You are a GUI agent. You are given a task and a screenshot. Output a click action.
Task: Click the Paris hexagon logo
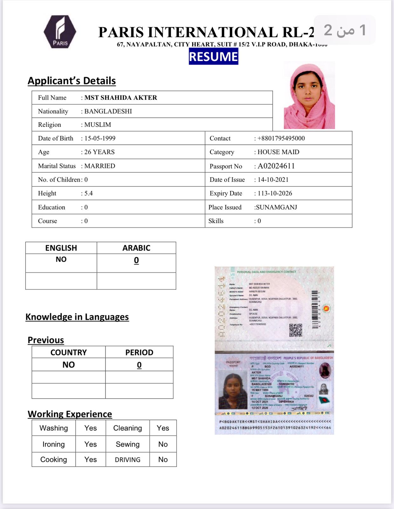pos(60,32)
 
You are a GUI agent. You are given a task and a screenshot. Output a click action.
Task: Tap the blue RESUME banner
pos(213,57)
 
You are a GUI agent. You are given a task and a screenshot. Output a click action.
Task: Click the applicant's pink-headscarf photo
pos(309,95)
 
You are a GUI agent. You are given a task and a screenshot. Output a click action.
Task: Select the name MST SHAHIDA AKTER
pos(121,98)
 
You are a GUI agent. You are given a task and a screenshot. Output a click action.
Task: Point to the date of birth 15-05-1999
pos(100,138)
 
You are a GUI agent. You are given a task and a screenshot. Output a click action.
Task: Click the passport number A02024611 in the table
pos(276,166)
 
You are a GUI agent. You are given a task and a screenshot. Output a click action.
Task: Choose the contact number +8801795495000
pos(281,138)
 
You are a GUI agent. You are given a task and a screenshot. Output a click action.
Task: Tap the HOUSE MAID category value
pos(278,152)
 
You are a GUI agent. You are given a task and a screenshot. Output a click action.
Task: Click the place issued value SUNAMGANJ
pos(276,207)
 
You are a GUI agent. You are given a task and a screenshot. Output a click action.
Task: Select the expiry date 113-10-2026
pos(275,193)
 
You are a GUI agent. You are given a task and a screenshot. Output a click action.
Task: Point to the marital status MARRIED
pos(99,166)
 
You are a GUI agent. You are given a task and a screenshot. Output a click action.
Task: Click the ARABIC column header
pos(136,248)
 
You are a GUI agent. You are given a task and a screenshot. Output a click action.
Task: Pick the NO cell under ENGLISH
pos(61,259)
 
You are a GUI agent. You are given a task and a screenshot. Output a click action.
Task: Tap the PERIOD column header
pos(139,352)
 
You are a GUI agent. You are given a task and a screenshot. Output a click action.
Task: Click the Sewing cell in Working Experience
pos(127,444)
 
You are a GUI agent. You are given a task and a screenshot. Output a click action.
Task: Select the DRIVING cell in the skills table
pos(127,460)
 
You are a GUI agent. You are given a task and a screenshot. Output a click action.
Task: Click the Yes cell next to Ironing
pos(91,444)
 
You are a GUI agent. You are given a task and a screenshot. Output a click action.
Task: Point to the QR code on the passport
pos(295,330)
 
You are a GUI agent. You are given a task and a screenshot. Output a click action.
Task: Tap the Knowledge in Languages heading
pos(77,317)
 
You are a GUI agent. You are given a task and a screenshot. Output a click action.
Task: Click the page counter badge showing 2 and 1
pos(345,30)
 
